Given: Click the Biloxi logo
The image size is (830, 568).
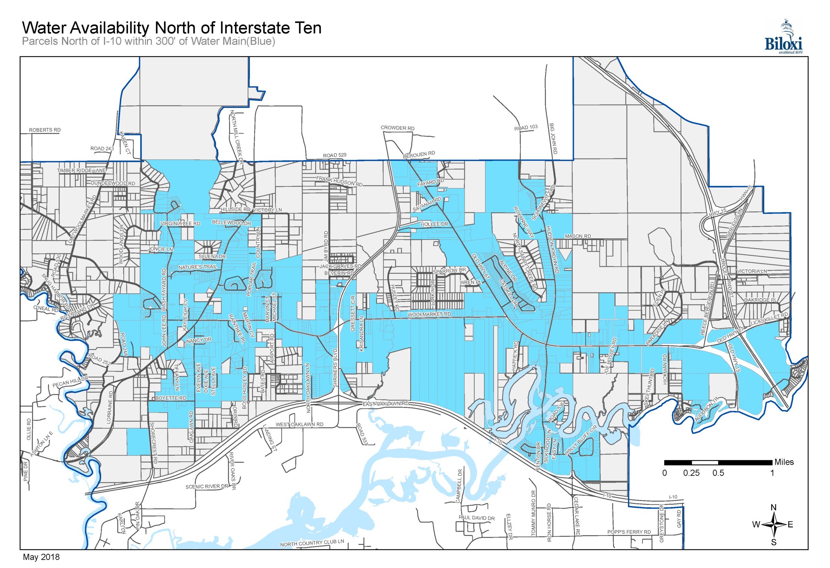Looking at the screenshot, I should click(x=783, y=38).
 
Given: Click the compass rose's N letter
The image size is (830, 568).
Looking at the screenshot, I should click(x=774, y=508).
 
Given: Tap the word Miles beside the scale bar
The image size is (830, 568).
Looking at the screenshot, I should click(x=784, y=462).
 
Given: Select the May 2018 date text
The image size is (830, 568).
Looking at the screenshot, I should click(x=41, y=557).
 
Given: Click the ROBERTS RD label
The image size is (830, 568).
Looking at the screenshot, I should click(x=45, y=130).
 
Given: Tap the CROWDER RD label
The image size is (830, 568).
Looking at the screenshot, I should click(x=397, y=128).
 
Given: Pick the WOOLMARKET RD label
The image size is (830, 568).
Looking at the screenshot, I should click(x=429, y=315).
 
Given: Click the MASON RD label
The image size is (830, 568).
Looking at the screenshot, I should click(x=577, y=236).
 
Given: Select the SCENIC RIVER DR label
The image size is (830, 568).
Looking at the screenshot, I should click(x=207, y=487).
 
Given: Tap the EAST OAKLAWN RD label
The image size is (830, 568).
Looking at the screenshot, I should click(x=385, y=404).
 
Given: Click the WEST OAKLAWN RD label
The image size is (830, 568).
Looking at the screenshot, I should click(x=299, y=425).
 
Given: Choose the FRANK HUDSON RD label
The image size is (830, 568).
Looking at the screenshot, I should click(x=339, y=181).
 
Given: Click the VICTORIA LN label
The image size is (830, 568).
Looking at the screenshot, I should click(x=752, y=271).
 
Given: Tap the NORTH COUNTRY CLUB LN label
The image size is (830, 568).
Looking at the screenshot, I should click(x=312, y=543).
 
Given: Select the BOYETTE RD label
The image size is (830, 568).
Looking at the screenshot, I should click(x=171, y=398).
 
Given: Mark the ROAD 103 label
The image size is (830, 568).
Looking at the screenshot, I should click(x=526, y=127).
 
